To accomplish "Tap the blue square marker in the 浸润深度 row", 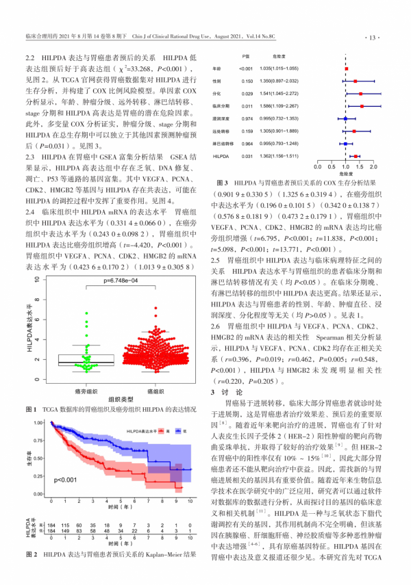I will click(345, 119).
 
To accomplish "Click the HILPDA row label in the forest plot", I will click(219, 157).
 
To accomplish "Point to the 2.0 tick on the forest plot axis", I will click(373, 167).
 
